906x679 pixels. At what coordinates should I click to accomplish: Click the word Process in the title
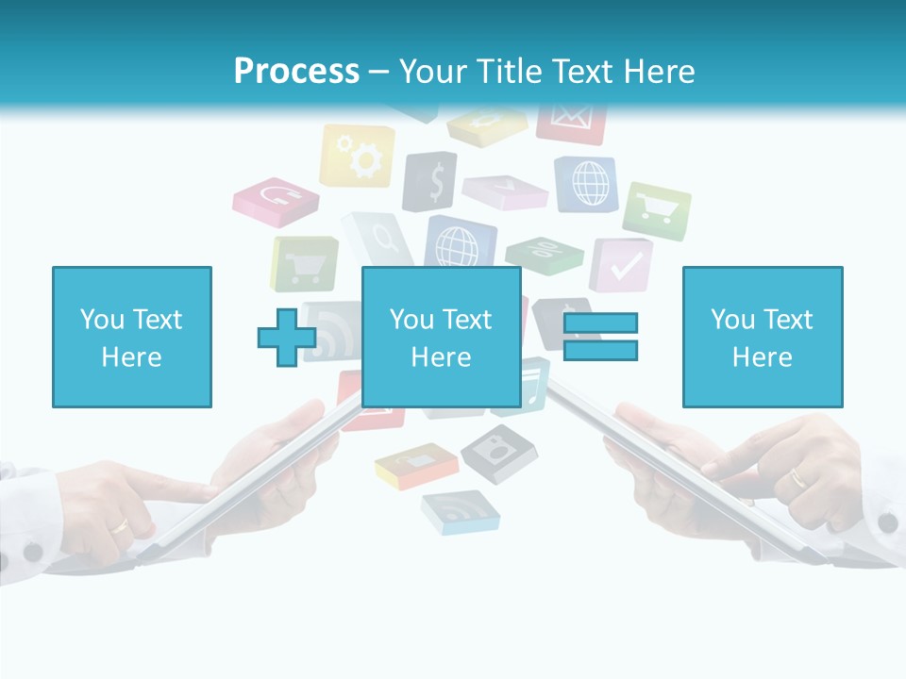(x=296, y=72)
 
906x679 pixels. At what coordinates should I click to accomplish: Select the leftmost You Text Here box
(x=132, y=337)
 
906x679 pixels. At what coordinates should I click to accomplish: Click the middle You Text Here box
(x=441, y=337)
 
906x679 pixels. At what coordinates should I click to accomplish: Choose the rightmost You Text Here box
(x=762, y=337)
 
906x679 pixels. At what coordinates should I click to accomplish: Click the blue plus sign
(x=287, y=337)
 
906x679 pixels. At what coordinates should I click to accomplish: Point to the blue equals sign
(x=600, y=337)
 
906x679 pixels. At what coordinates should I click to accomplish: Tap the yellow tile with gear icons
(x=358, y=156)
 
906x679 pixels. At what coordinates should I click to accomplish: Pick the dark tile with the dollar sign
(x=431, y=181)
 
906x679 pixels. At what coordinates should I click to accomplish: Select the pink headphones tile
(x=277, y=200)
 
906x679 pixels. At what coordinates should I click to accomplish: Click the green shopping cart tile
(x=657, y=208)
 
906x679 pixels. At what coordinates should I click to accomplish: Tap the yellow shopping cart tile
(x=304, y=264)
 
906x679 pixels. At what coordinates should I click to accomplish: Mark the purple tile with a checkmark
(x=622, y=264)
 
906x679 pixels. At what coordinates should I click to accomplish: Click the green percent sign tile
(x=545, y=253)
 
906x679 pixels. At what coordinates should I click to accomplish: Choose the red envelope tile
(x=571, y=121)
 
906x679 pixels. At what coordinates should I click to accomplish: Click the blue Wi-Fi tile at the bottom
(x=460, y=511)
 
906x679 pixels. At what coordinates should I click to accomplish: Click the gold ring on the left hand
(x=121, y=524)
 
